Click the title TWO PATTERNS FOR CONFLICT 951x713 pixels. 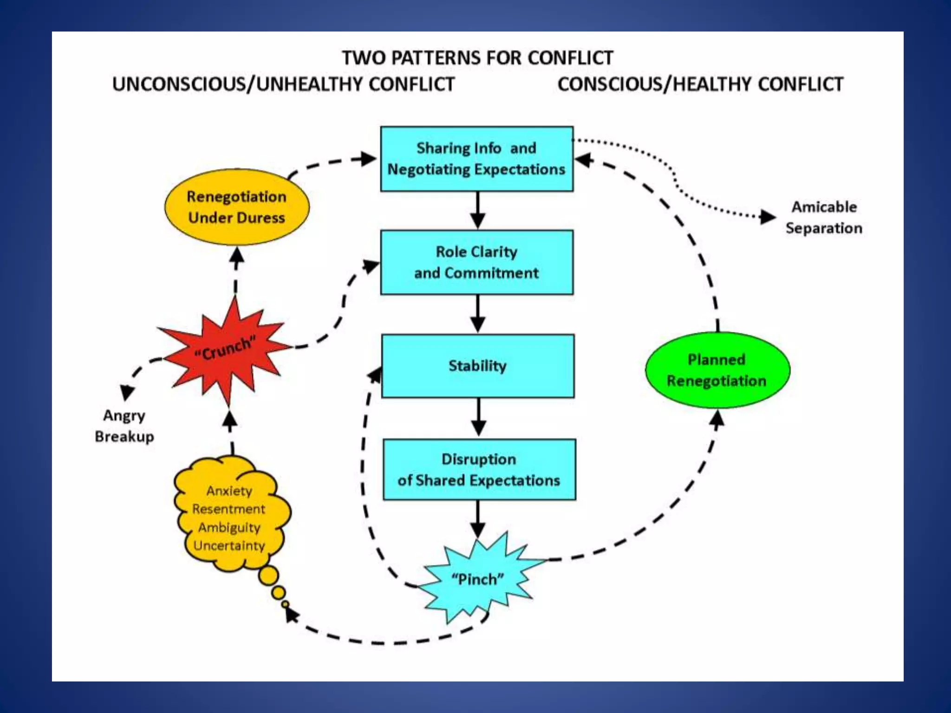pos(477,58)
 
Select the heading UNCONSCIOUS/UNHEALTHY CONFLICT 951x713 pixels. pos(283,84)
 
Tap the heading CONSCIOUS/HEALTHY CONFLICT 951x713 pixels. pos(700,84)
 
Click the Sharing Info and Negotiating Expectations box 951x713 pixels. pos(476,159)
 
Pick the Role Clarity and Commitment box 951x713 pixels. pos(476,262)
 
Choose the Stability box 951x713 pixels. pos(477,366)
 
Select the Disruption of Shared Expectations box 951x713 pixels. pos(479,469)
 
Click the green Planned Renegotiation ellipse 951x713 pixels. pos(717,370)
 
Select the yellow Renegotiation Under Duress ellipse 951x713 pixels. pos(237,207)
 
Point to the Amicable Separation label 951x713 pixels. pos(824,217)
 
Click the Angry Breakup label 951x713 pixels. pos(124,426)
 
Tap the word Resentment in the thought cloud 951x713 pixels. pos(228,509)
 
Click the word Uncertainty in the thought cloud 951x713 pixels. pos(229,545)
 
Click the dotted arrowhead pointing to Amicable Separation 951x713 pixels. pos(768,217)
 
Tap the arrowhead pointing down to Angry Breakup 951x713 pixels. pos(127,392)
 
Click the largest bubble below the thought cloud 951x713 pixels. pos(268,576)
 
